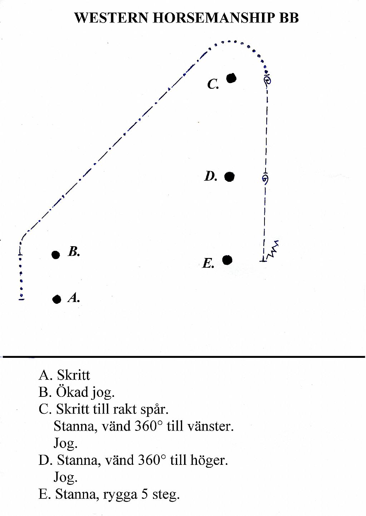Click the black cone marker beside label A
click(x=56, y=300)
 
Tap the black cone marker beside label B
click(x=56, y=255)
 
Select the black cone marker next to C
click(x=231, y=78)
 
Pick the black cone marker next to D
click(x=229, y=177)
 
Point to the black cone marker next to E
click(x=227, y=260)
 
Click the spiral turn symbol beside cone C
click(x=267, y=81)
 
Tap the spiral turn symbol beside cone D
click(x=266, y=179)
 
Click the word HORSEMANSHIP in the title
click(x=214, y=18)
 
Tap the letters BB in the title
click(x=289, y=18)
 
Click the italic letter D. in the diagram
click(x=211, y=176)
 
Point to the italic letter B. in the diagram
click(x=74, y=252)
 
